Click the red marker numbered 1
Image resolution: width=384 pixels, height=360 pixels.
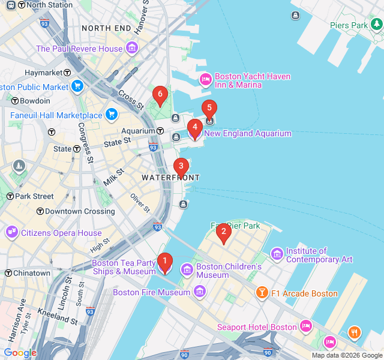pyautogui.click(x=164, y=262)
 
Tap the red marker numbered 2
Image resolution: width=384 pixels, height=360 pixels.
pyautogui.click(x=223, y=232)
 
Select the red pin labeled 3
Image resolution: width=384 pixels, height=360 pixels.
pyautogui.click(x=181, y=167)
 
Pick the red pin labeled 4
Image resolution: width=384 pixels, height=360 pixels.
pyautogui.click(x=194, y=128)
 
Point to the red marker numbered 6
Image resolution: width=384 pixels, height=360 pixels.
pyautogui.click(x=159, y=95)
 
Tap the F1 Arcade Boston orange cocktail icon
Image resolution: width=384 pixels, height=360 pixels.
pyautogui.click(x=262, y=293)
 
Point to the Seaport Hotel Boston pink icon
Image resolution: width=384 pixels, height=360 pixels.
pyautogui.click(x=306, y=327)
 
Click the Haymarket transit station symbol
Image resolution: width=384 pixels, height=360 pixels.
pyautogui.click(x=68, y=73)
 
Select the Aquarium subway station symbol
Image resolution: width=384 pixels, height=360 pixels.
pyautogui.click(x=161, y=131)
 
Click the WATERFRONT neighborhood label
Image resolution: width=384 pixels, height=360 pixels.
pyautogui.click(x=170, y=178)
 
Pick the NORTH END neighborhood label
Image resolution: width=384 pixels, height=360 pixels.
pyautogui.click(x=106, y=28)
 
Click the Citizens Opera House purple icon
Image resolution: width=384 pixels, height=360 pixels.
pyautogui.click(x=12, y=233)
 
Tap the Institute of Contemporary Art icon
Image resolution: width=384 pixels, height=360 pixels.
pyautogui.click(x=277, y=255)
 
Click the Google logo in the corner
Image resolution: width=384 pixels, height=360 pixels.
pyautogui.click(x=20, y=353)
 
